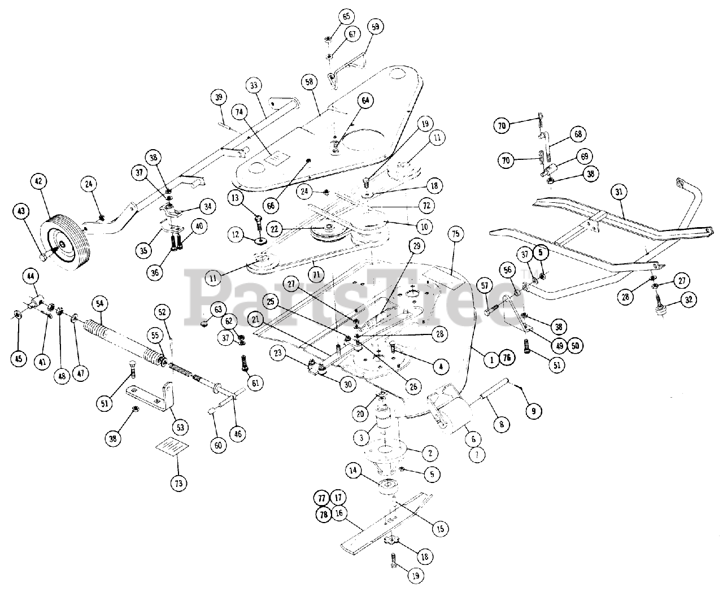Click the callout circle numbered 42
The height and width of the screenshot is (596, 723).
click(38, 182)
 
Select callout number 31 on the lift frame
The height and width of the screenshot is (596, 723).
click(619, 192)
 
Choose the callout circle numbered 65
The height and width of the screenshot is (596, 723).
click(346, 16)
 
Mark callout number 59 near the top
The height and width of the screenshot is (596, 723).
click(375, 26)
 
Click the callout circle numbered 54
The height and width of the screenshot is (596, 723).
click(99, 303)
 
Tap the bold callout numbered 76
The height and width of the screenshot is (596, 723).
click(506, 358)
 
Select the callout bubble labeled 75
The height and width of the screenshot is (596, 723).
click(456, 234)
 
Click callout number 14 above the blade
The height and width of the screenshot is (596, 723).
click(354, 470)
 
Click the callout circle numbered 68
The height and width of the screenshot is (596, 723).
click(578, 134)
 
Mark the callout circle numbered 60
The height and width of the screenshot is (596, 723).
click(219, 445)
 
